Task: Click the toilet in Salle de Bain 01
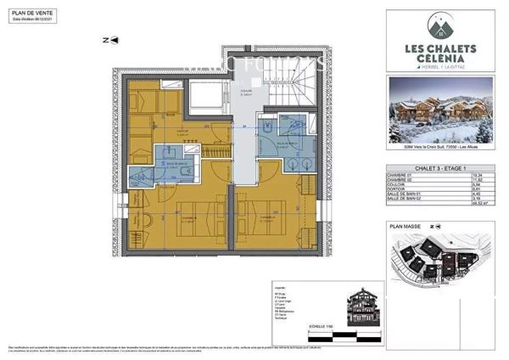(x=136, y=177)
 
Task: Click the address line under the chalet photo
(x=441, y=152)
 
